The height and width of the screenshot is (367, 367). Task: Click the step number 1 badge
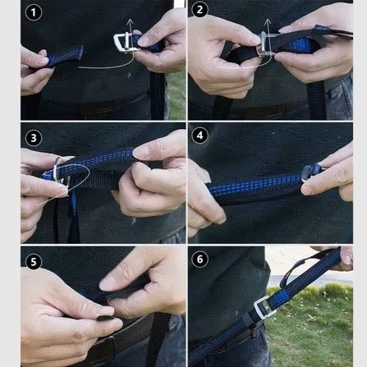click(34, 12)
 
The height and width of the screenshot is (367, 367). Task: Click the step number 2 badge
click(200, 10)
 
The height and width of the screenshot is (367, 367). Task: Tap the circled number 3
click(34, 138)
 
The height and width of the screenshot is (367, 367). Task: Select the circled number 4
click(200, 135)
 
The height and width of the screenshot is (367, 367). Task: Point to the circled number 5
click(34, 262)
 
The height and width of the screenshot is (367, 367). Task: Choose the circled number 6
click(200, 259)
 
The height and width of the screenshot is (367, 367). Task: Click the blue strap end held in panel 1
click(65, 56)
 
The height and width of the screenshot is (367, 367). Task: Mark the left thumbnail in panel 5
click(102, 311)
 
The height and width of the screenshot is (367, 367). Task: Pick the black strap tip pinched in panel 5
click(105, 319)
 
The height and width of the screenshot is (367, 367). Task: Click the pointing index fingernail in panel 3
click(142, 153)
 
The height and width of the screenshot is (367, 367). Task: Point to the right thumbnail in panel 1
click(145, 41)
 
